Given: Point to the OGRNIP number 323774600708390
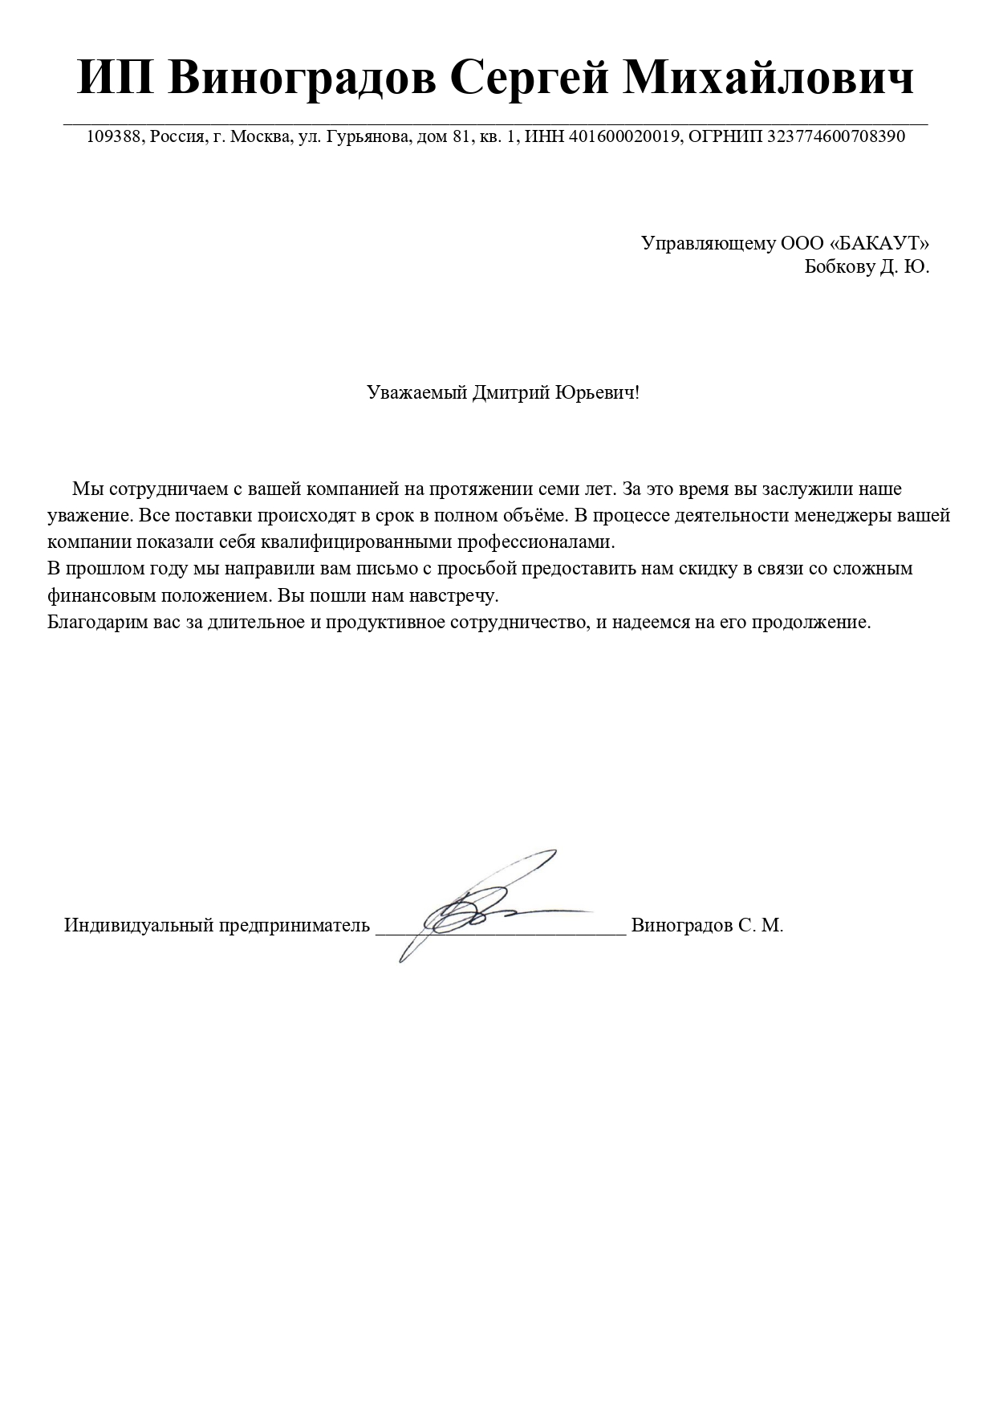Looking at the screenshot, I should pos(836,136).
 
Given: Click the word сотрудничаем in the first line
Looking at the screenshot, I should pos(167,489).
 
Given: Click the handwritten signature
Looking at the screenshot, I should pos(481,903).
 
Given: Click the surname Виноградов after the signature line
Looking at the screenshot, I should pos(681,925).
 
